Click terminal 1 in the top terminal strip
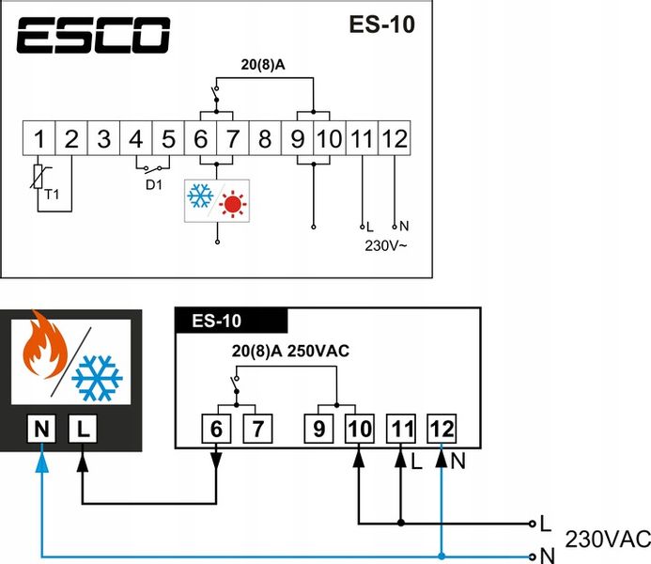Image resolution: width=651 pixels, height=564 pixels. [x=39, y=139]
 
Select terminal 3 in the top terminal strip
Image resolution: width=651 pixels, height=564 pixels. [x=103, y=139]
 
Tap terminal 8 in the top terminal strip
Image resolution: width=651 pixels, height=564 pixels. [x=265, y=139]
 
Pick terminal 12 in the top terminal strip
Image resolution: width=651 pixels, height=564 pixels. [x=395, y=139]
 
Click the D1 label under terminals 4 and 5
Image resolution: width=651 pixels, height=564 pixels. [x=153, y=184]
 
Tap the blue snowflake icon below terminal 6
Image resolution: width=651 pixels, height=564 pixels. [x=200, y=197]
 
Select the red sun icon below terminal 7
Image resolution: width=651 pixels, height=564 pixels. [x=231, y=201]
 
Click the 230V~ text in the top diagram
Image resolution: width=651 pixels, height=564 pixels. [x=385, y=245]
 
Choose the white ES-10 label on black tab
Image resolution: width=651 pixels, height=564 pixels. [x=216, y=321]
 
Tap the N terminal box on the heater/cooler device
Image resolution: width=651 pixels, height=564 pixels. [x=40, y=431]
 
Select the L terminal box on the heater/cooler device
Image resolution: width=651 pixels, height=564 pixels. [x=83, y=431]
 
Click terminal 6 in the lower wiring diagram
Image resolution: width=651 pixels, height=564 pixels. [x=217, y=430]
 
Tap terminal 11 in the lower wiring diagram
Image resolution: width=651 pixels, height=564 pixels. [x=401, y=430]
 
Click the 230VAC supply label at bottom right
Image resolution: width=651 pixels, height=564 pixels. [x=607, y=539]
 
